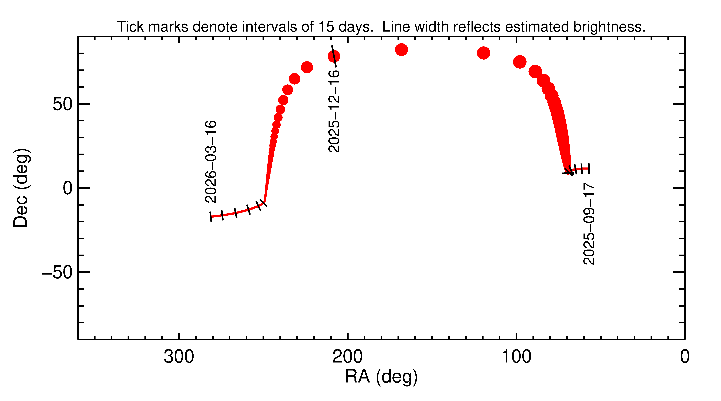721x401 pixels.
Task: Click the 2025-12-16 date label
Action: tap(334, 111)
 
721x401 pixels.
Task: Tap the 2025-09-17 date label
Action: tap(589, 224)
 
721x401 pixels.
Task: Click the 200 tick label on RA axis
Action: tap(347, 357)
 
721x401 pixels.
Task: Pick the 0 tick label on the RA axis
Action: tap(685, 357)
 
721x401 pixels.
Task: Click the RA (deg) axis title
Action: tap(381, 377)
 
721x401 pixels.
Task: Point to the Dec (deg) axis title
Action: tap(21, 188)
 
